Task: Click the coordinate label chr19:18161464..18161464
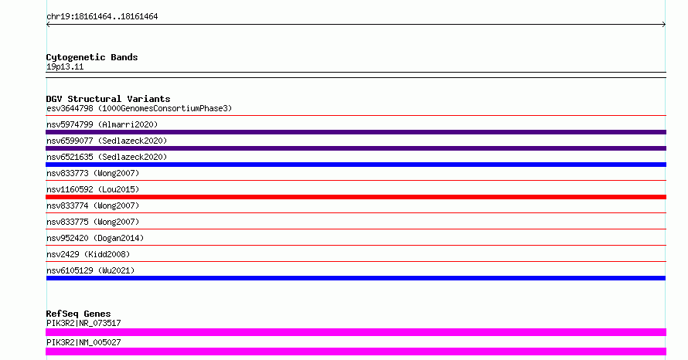click(x=102, y=17)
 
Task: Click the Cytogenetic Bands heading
click(x=92, y=57)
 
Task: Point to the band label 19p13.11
click(x=65, y=66)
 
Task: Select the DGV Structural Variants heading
click(x=108, y=99)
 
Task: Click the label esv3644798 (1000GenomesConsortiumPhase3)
click(x=139, y=108)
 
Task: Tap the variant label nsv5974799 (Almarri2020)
click(x=102, y=124)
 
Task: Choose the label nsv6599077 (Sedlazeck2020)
click(x=107, y=141)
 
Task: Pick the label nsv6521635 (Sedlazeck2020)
click(x=107, y=157)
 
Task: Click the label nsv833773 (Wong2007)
click(x=93, y=173)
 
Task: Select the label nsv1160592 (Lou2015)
click(x=93, y=189)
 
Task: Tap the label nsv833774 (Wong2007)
click(x=93, y=205)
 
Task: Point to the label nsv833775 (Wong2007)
click(x=93, y=222)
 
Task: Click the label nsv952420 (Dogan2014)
click(x=95, y=238)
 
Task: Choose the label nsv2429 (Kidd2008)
click(x=88, y=254)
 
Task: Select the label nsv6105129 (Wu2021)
click(x=90, y=270)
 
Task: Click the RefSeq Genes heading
click(x=78, y=314)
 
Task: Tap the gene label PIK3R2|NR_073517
click(x=83, y=323)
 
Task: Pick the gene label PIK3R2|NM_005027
click(x=83, y=342)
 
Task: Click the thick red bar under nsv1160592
click(x=356, y=197)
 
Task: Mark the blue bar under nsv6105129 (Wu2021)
click(x=356, y=278)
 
